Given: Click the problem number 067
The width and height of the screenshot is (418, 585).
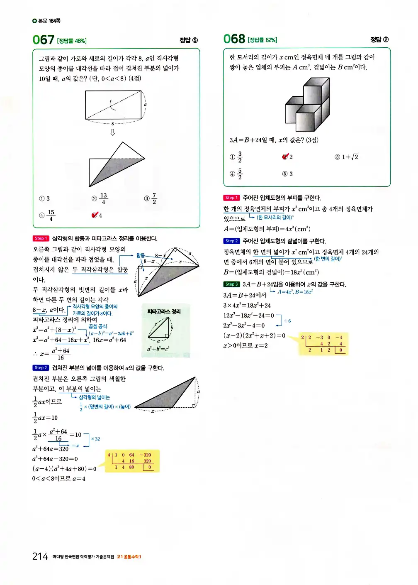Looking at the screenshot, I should (43, 40).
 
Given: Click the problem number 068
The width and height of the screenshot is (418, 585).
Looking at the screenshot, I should (234, 39).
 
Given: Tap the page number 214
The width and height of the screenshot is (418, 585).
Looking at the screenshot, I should (40, 556).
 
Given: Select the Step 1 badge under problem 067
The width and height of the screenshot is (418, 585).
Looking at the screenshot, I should (41, 238).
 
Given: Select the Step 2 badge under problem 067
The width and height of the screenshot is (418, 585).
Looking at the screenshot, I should (41, 368).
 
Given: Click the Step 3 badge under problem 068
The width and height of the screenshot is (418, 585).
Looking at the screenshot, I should (231, 284).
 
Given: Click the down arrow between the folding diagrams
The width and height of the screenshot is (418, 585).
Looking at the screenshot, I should (112, 132).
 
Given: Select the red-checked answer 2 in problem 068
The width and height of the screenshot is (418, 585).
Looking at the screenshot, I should (287, 157).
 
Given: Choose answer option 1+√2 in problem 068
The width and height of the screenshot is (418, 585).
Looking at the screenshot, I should (347, 157).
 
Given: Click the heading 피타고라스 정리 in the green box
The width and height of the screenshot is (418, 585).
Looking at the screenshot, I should (164, 311).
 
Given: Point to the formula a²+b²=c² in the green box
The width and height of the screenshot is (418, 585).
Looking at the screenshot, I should (158, 349).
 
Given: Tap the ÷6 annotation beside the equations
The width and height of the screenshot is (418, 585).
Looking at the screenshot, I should (287, 321).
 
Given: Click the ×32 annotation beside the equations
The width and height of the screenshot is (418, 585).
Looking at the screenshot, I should (95, 439).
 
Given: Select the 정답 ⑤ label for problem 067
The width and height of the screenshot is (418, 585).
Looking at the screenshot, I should (189, 40).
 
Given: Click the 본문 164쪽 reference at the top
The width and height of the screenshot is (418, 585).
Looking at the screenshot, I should (46, 21).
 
